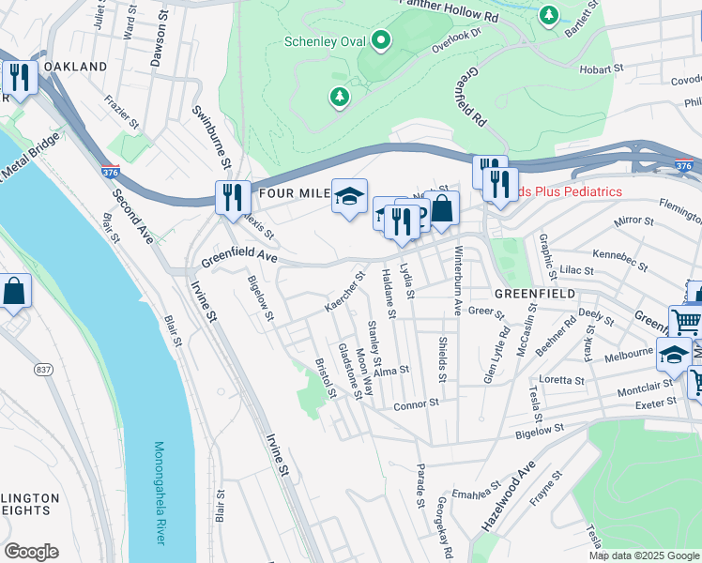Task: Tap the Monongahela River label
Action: (x=160, y=493)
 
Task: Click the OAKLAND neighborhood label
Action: (x=75, y=68)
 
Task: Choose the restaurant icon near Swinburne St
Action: (x=232, y=198)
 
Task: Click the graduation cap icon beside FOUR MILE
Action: (x=349, y=197)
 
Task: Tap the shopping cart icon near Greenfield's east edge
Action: (x=686, y=322)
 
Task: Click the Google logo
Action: (x=31, y=552)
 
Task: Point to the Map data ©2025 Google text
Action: (x=643, y=555)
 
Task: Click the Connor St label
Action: (x=416, y=404)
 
